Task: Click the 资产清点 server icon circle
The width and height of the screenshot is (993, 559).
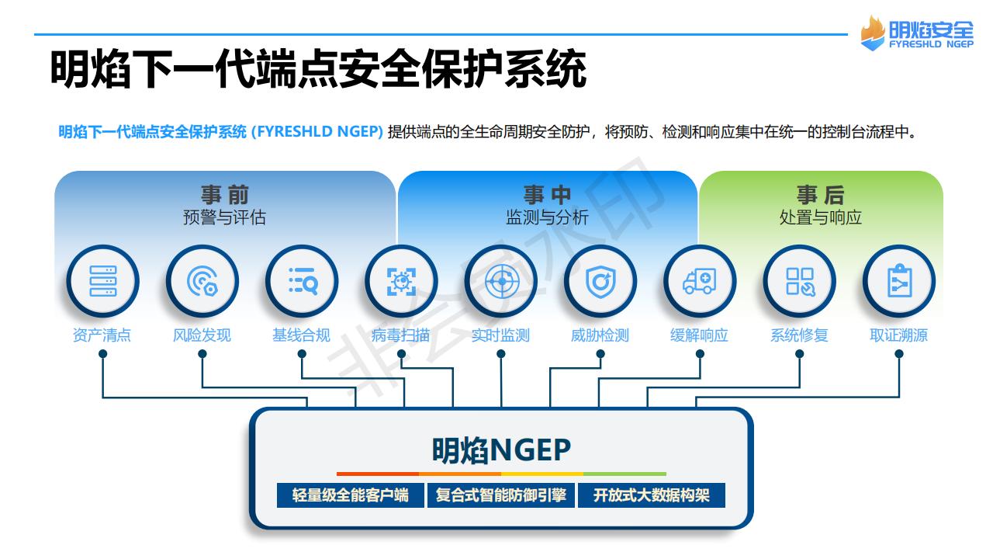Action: click(103, 281)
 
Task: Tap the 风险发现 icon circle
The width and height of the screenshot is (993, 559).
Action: click(202, 281)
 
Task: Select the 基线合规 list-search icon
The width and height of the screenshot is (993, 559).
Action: click(302, 281)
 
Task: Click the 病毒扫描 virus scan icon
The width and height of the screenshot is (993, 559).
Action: click(402, 281)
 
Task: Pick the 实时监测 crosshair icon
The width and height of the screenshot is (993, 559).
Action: click(501, 281)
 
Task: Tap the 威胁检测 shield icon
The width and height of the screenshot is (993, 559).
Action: click(600, 281)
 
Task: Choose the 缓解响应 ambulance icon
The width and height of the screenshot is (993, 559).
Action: click(700, 281)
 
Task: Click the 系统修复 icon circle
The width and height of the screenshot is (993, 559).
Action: click(800, 281)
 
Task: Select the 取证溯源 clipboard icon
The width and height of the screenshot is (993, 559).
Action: click(899, 281)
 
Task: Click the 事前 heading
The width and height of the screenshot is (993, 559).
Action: click(225, 195)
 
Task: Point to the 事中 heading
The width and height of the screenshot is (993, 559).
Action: click(547, 195)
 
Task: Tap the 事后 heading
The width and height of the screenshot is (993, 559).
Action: click(821, 195)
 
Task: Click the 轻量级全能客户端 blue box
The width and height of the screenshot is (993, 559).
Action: click(350, 495)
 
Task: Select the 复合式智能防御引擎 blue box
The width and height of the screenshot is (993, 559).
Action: click(501, 495)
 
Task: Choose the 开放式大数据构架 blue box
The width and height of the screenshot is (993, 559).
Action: click(652, 495)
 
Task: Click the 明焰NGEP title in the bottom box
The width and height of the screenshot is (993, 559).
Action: click(501, 450)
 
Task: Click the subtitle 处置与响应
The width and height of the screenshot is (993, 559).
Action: click(821, 217)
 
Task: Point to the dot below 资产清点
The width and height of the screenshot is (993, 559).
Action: click(103, 353)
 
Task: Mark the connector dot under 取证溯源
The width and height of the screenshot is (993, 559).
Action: click(899, 353)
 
